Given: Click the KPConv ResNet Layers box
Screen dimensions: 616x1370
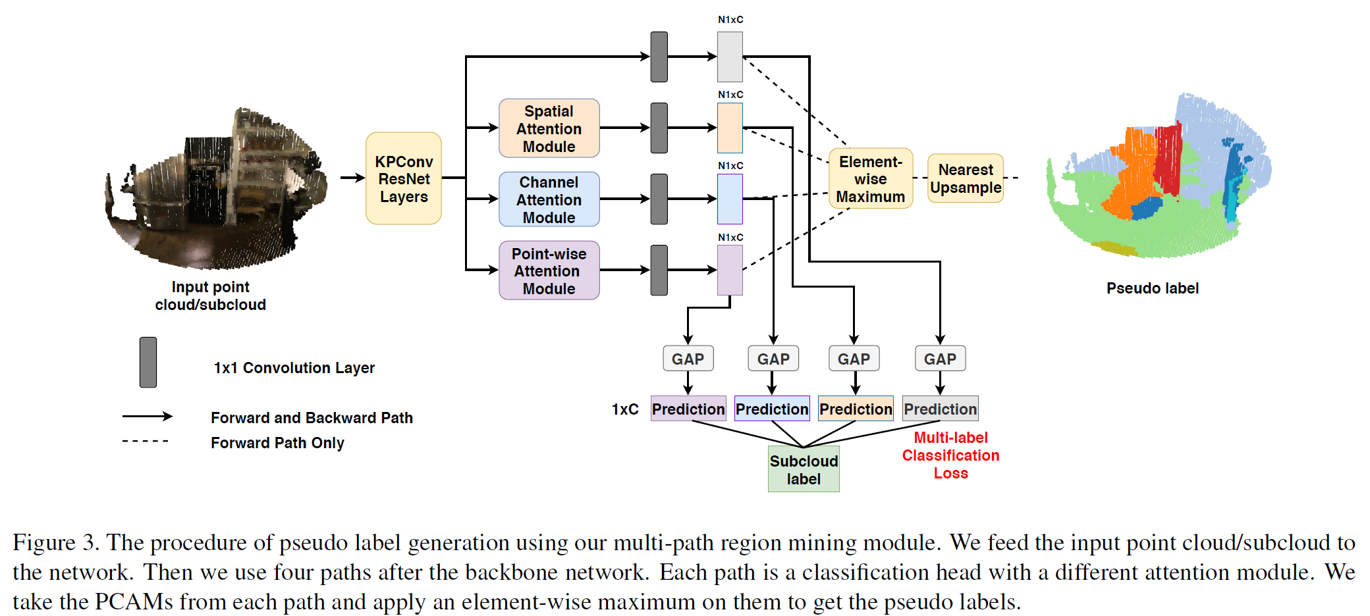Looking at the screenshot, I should point(403,178).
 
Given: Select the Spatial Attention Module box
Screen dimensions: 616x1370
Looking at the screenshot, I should point(549,128).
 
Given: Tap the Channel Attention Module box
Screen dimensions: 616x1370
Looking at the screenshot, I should point(549,199).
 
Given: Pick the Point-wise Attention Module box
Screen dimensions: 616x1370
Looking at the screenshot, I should point(549,270).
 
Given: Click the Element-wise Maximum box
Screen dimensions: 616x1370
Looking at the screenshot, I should point(870,178).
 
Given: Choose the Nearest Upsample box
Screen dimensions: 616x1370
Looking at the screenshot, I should point(965,178).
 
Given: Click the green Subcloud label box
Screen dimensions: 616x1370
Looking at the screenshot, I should point(804,469).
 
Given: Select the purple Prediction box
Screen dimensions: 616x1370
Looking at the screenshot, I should point(688,409).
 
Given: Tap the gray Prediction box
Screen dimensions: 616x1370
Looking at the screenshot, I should point(940,409).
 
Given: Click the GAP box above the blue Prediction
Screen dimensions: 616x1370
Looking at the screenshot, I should point(773,359).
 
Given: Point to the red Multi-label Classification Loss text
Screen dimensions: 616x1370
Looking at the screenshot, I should point(950,455).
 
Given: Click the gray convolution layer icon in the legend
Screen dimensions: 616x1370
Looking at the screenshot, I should point(148,362).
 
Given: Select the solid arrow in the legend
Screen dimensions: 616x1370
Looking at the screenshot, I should point(147,416).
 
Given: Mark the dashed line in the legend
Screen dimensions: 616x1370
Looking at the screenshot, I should point(146,441).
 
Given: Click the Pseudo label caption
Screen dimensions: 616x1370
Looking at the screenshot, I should point(1152,288).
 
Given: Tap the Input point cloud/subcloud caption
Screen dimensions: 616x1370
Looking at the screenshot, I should point(210,295).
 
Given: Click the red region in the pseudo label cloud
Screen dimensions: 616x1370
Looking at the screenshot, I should point(1168,158).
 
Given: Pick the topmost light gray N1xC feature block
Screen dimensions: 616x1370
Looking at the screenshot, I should point(730,57).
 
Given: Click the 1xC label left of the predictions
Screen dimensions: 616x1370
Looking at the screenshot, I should point(624,409).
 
